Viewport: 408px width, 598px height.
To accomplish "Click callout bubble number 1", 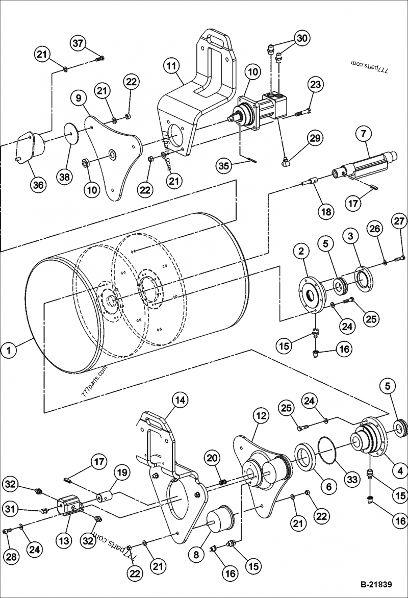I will [10, 350].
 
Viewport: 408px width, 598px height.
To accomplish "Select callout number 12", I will [261, 416].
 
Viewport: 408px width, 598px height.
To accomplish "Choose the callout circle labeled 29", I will [315, 138].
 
